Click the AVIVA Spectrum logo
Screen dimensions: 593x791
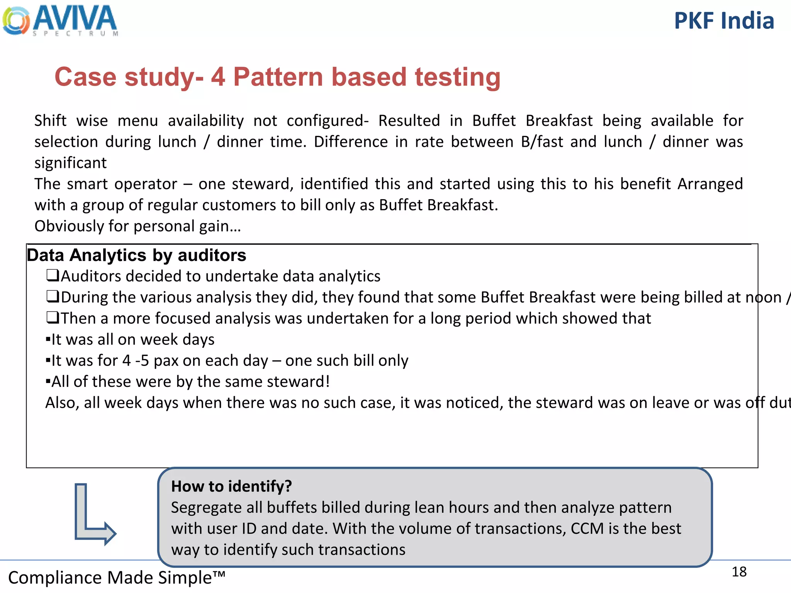(x=60, y=20)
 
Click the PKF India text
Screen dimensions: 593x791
(x=724, y=21)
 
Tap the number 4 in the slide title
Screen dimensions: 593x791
(x=218, y=77)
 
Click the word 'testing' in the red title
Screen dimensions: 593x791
(x=457, y=78)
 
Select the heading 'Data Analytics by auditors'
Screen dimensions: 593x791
(x=136, y=256)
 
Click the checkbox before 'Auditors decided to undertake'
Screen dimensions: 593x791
(x=53, y=276)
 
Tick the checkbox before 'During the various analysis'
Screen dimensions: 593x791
(x=53, y=297)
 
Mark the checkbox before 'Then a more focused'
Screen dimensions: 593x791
(x=53, y=318)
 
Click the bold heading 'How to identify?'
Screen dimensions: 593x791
(x=231, y=486)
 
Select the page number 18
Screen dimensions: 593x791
(x=739, y=572)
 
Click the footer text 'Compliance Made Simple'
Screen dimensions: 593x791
(x=116, y=578)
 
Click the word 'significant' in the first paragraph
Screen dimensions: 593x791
(x=70, y=163)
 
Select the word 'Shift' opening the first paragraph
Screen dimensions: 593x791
(x=50, y=121)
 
